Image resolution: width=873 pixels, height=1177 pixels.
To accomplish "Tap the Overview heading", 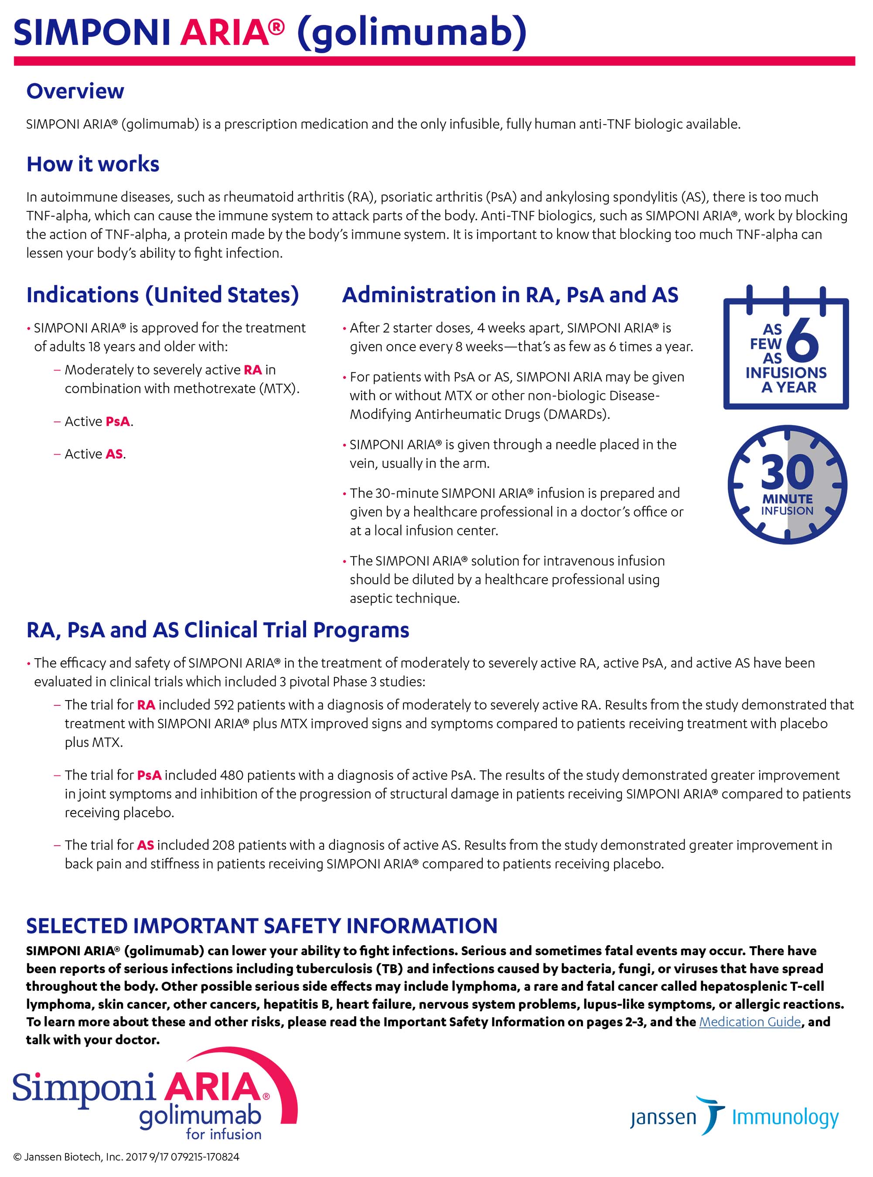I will click(75, 92).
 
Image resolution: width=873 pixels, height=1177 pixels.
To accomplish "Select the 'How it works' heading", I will click(92, 164).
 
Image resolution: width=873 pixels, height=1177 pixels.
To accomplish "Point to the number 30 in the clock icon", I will click(787, 472).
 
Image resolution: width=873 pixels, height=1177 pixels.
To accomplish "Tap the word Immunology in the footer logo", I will click(785, 1117).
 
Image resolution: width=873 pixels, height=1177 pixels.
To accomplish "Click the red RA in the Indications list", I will click(252, 370).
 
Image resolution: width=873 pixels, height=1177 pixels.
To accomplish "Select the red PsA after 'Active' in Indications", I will click(118, 422).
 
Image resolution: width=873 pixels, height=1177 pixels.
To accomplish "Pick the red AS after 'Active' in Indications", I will click(114, 454).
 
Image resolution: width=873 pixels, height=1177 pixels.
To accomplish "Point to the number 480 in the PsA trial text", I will click(232, 775).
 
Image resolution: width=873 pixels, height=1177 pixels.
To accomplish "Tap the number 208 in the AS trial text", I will click(223, 845).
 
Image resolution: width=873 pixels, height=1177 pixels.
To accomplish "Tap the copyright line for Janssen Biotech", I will click(126, 1157).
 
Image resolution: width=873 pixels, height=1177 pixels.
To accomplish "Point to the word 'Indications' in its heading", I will click(82, 295).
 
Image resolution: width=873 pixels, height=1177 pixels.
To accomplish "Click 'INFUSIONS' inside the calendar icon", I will click(786, 373).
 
